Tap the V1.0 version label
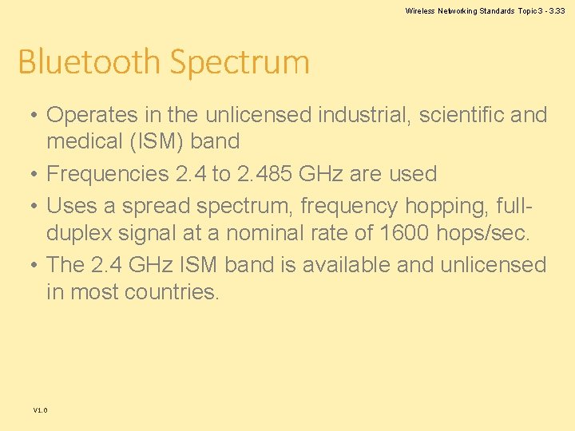tap(41, 410)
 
